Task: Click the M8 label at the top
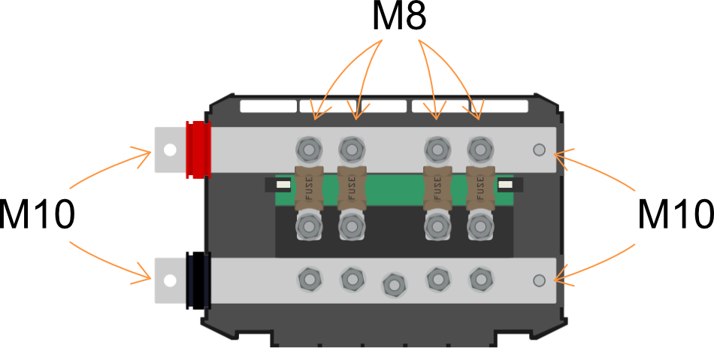click(399, 17)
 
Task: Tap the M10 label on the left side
click(36, 214)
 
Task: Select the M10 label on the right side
click(676, 214)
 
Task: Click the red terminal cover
click(198, 150)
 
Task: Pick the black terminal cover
click(198, 280)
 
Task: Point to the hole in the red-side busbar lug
click(170, 150)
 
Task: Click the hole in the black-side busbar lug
click(170, 280)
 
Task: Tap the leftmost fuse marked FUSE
click(309, 188)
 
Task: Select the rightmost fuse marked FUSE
click(480, 188)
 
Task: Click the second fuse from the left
click(352, 188)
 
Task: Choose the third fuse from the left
click(437, 188)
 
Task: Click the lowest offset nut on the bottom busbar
click(395, 286)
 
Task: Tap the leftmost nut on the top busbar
click(309, 150)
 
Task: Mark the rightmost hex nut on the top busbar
click(480, 150)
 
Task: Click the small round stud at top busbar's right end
click(539, 150)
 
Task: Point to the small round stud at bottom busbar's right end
click(539, 280)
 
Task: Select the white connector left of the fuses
click(283, 184)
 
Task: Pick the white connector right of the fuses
click(506, 184)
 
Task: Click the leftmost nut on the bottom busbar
click(310, 279)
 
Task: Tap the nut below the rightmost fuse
click(480, 225)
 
